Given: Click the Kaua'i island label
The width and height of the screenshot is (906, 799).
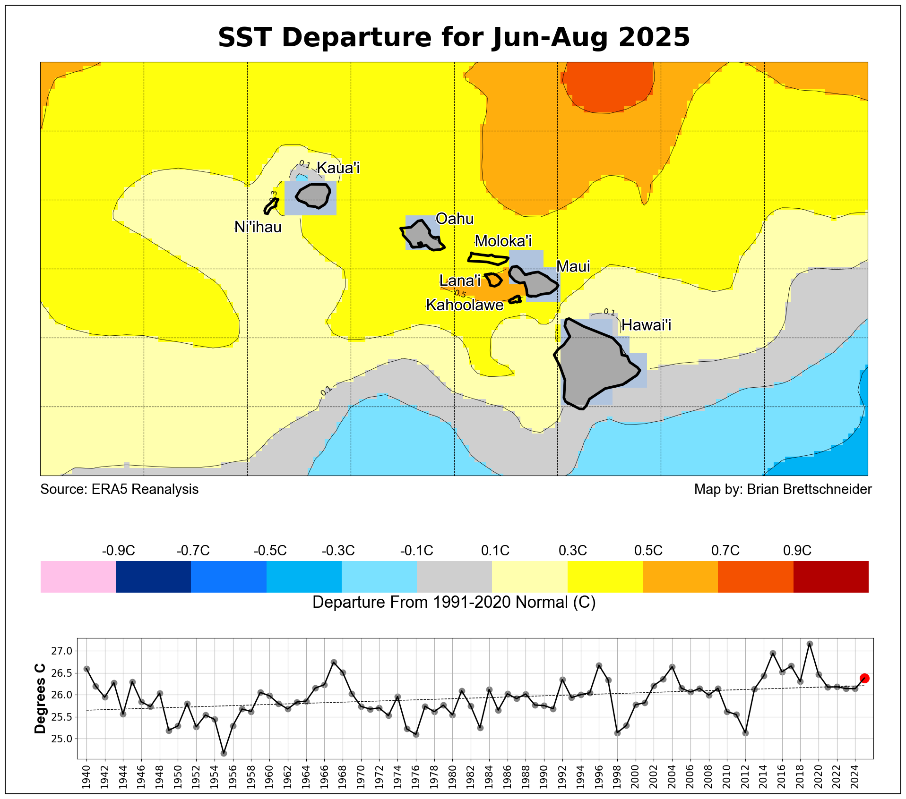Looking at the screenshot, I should tap(338, 168).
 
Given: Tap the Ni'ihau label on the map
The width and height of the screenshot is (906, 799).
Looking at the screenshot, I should tap(258, 227).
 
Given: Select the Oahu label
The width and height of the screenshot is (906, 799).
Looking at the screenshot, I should tap(454, 219).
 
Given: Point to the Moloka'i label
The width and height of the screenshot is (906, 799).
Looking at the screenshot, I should tap(503, 241).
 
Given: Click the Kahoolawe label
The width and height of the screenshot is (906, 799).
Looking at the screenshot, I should tap(465, 305).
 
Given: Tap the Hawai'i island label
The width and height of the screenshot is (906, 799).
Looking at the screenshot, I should tap(646, 325).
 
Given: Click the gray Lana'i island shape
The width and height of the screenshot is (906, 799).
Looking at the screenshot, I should tap(494, 280).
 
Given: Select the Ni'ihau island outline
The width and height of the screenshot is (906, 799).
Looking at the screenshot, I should tap(271, 205).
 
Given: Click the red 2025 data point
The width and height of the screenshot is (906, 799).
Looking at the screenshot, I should tap(864, 678).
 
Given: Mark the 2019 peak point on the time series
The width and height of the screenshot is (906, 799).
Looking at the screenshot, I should tap(810, 644).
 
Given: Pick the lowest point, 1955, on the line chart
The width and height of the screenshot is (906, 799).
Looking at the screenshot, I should tap(224, 753).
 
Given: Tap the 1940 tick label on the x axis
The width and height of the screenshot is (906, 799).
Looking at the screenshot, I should tap(86, 775).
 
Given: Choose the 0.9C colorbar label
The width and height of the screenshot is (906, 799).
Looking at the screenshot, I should tap(797, 551).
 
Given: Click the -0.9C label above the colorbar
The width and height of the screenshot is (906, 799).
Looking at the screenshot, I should tap(118, 551).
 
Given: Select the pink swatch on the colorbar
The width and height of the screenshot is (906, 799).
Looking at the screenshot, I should tap(78, 577).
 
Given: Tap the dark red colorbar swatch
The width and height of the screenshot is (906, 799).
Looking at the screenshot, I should tap(831, 577).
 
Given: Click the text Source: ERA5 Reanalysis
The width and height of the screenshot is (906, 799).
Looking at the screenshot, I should tap(119, 489).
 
